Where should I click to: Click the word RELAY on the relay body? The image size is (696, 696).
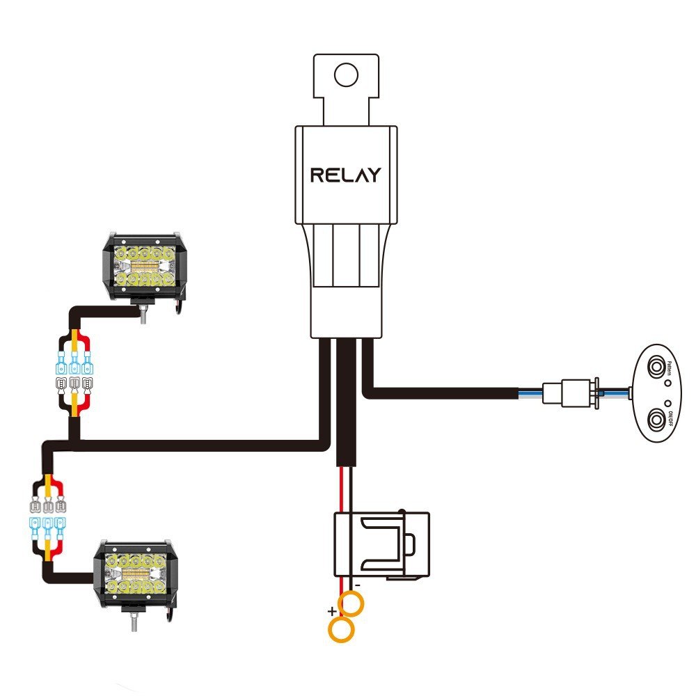pyautogui.click(x=345, y=174)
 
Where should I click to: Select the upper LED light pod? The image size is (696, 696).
pyautogui.click(x=145, y=265)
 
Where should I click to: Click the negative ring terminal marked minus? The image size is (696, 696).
pyautogui.click(x=352, y=605)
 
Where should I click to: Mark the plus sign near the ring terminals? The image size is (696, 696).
pyautogui.click(x=332, y=611)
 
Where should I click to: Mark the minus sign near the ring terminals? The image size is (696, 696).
pyautogui.click(x=357, y=587)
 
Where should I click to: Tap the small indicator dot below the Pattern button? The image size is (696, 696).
pyautogui.click(x=667, y=383)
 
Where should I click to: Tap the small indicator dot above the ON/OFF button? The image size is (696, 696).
pyautogui.click(x=667, y=402)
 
